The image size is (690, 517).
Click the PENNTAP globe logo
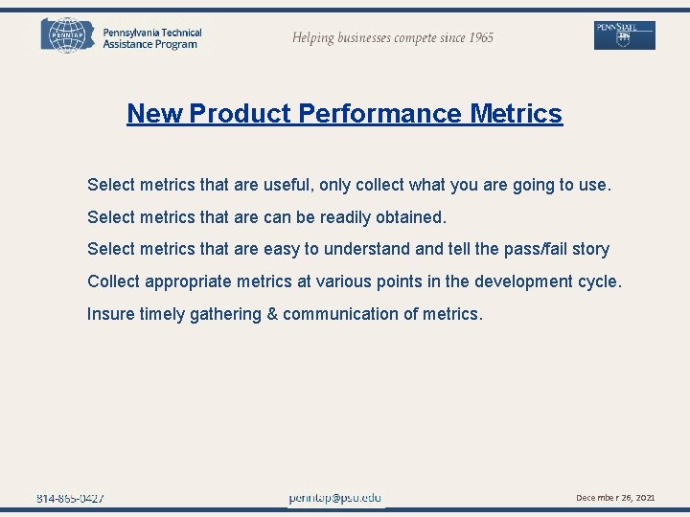click(67, 35)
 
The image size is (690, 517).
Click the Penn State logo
click(624, 35)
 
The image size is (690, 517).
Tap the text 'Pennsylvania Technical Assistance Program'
click(151, 38)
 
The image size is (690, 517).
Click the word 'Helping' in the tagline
click(314, 38)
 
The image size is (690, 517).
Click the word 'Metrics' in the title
click(517, 114)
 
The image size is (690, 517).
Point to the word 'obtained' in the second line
click(412, 217)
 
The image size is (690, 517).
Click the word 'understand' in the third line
click(367, 250)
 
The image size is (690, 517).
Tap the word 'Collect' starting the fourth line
click(114, 282)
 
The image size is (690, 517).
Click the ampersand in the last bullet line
click(272, 314)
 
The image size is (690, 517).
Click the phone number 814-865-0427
click(71, 498)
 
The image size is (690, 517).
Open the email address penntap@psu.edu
click(335, 498)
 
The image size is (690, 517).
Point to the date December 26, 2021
click(615, 498)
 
